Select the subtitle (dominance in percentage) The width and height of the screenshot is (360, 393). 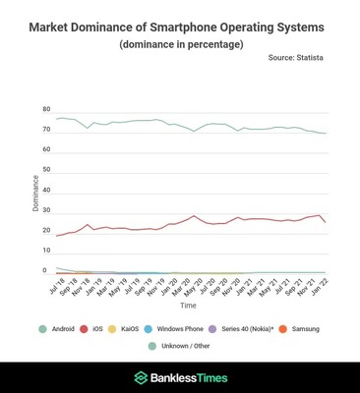click(180, 45)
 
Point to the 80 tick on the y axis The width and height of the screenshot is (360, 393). click(45, 109)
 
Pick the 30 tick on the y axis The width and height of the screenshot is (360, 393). click(45, 209)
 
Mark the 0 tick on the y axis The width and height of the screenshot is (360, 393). click(45, 270)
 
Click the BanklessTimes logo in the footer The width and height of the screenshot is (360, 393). click(180, 377)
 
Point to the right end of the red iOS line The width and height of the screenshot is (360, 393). click(326, 222)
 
